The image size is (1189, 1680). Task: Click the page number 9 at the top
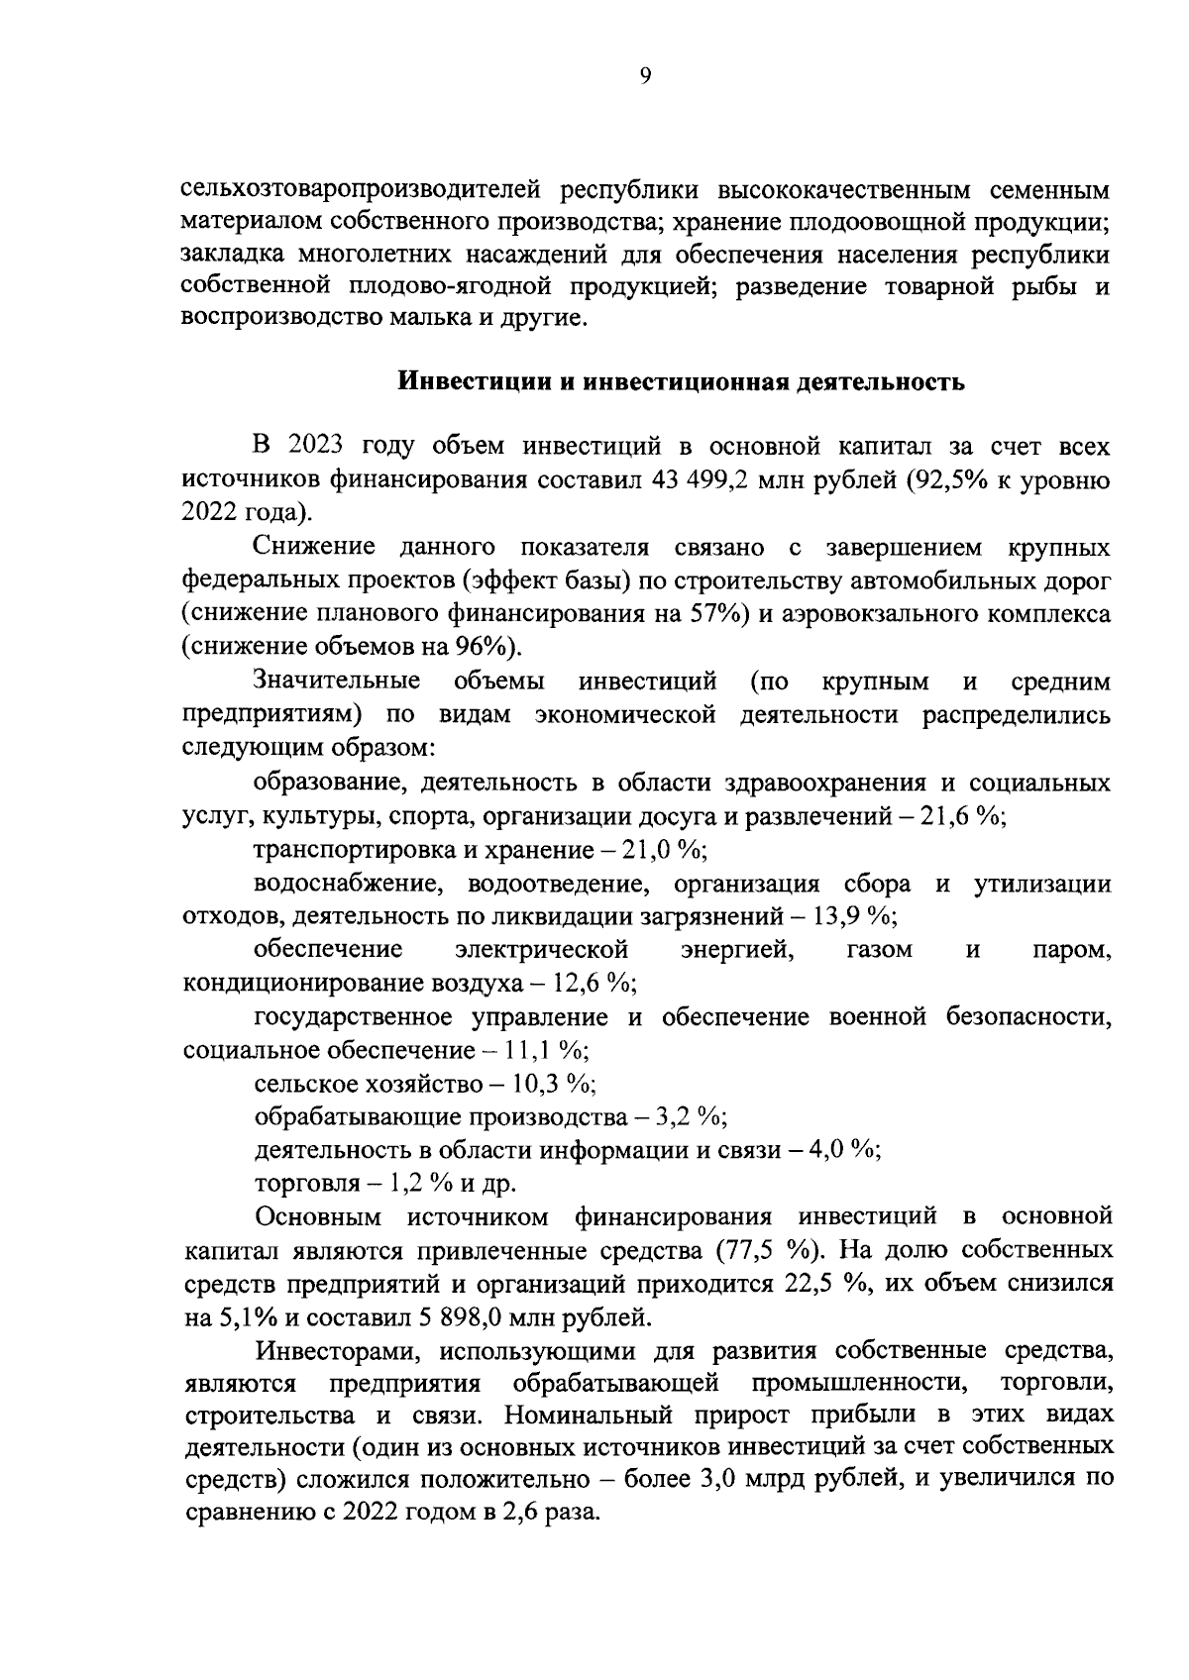pyautogui.click(x=645, y=76)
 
